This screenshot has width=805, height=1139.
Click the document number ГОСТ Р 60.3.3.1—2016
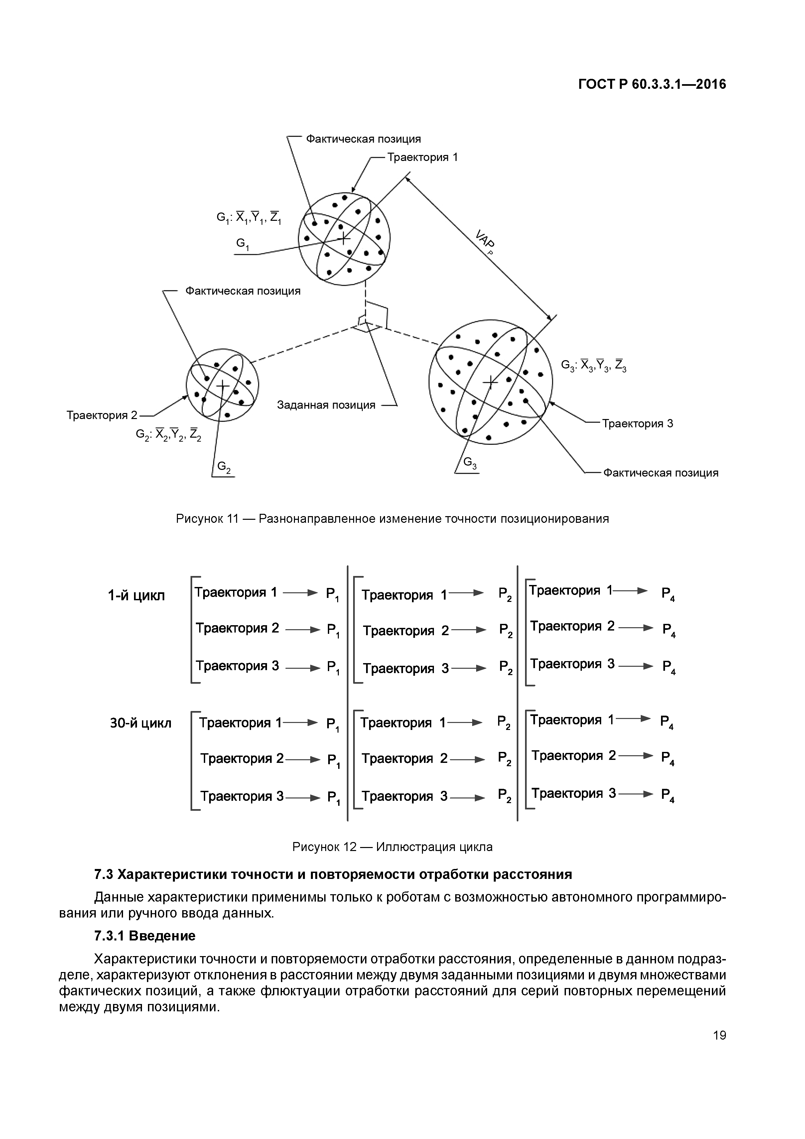coord(652,85)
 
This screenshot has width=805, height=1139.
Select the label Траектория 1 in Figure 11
coord(423,158)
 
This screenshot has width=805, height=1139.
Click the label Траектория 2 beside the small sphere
coord(102,415)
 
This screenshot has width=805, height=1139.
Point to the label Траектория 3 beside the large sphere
coord(637,424)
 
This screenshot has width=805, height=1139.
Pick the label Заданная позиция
coord(326,405)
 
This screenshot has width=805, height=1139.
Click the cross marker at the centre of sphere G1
coord(343,239)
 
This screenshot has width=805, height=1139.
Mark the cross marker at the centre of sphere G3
coord(490,382)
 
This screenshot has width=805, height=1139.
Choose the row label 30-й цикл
coord(140,724)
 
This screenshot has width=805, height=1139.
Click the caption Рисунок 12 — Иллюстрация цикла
coord(392,847)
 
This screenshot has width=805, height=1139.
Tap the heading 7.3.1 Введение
coord(145,936)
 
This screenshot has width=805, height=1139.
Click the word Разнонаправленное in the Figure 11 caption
coord(318,519)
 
